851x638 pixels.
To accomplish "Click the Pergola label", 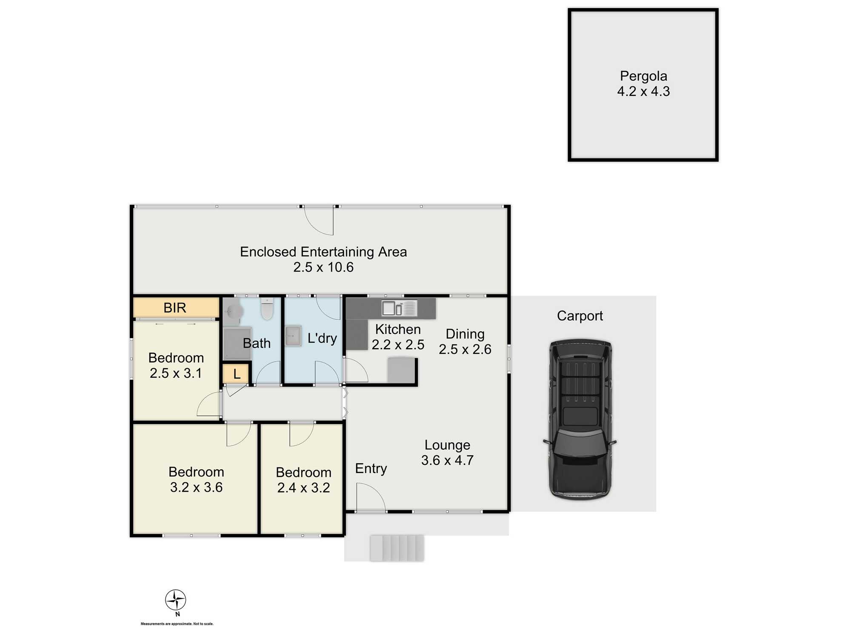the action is [x=643, y=76].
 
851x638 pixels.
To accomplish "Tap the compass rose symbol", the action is [x=176, y=600].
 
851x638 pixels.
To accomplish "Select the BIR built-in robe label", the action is [x=175, y=308].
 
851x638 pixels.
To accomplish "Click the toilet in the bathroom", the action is [x=267, y=309].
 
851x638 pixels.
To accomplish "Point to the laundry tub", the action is [x=293, y=336].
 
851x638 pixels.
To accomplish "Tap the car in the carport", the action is [x=580, y=419].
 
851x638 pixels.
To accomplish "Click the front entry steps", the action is [x=397, y=548].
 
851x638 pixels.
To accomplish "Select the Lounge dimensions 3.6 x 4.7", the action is [x=447, y=460].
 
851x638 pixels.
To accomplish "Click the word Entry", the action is [x=371, y=468].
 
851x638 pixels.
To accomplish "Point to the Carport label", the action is [x=580, y=316].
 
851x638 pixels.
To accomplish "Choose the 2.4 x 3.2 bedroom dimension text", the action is [x=303, y=487].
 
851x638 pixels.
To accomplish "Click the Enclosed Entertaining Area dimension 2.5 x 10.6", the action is [x=323, y=267].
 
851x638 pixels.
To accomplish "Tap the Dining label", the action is [x=465, y=334].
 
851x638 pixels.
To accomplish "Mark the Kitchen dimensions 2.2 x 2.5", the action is [x=398, y=345].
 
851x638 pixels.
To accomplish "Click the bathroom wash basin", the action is [x=232, y=311].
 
